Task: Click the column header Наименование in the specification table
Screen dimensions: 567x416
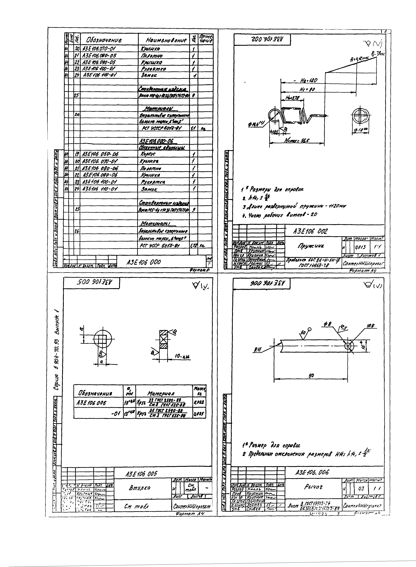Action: tap(166, 40)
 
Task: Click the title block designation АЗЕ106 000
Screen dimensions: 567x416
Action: tap(144, 262)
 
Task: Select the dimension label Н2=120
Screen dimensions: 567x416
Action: tap(308, 81)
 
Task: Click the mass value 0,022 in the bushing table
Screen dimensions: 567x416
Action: tap(199, 402)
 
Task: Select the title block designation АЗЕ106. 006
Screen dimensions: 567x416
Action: tap(312, 472)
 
